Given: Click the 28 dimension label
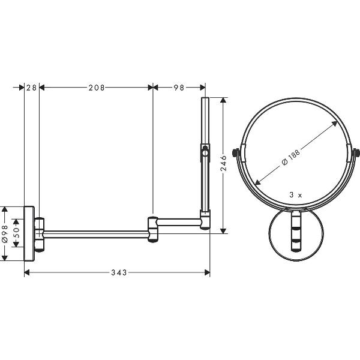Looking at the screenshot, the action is pyautogui.click(x=31, y=88).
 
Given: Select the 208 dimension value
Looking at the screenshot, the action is pyautogui.click(x=97, y=88).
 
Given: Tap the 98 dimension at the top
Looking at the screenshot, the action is pyautogui.click(x=179, y=88).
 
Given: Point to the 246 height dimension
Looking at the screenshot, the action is pyautogui.click(x=223, y=163).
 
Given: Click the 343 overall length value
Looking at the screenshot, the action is pyautogui.click(x=119, y=272).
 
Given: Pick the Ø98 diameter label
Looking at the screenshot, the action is pyautogui.click(x=5, y=234).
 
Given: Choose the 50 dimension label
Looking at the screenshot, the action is pyautogui.click(x=16, y=233).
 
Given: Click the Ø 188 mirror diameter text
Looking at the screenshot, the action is pyautogui.click(x=290, y=158).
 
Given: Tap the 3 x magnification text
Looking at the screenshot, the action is pyautogui.click(x=296, y=195).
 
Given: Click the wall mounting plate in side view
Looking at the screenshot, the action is pyautogui.click(x=29, y=233).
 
